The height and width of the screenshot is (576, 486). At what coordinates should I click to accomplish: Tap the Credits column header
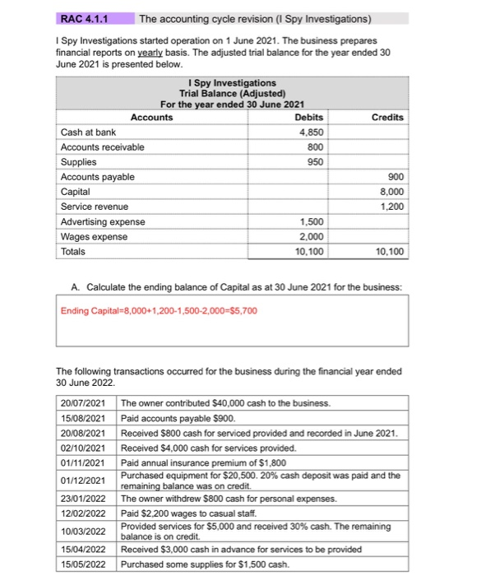(387, 118)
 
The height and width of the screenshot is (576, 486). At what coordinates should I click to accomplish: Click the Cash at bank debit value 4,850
(310, 132)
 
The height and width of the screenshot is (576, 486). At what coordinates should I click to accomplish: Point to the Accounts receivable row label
(102, 147)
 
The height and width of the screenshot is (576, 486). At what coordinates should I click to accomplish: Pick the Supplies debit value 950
(313, 162)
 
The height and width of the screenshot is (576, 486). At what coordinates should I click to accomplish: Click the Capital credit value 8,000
(391, 192)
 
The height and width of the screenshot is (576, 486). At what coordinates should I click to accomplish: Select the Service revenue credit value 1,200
(391, 207)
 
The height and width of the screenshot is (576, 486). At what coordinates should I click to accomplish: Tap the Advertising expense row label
(103, 222)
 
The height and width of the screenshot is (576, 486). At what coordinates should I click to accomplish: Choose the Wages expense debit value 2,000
(310, 237)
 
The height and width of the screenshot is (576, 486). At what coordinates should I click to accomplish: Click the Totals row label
(73, 252)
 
